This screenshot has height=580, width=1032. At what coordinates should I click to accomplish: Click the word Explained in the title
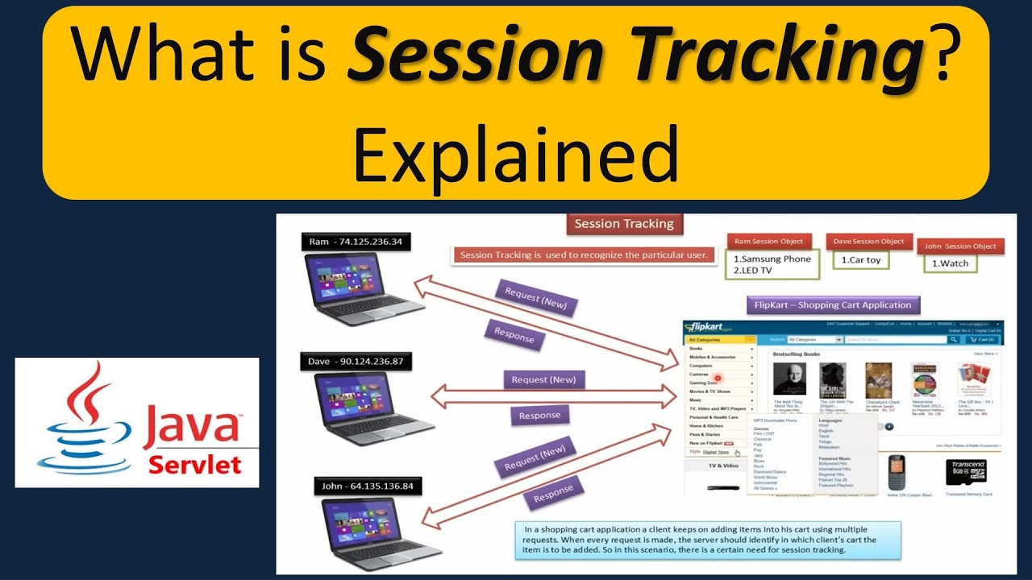coord(515,153)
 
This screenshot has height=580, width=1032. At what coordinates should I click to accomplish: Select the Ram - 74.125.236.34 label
coord(356,241)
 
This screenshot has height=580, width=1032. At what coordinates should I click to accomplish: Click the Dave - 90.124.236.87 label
coord(356,362)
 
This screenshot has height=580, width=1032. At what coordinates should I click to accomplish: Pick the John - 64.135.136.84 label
coord(366,486)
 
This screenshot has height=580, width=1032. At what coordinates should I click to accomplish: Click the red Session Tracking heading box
coord(623,224)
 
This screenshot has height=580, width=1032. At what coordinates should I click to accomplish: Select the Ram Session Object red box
coord(768,242)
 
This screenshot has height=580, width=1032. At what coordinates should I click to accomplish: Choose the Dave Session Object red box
coord(868,242)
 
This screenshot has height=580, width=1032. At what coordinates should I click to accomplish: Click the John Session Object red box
coord(960,246)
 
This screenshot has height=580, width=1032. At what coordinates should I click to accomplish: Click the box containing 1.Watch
coord(951,263)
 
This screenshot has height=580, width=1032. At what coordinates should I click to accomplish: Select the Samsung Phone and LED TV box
coord(772,265)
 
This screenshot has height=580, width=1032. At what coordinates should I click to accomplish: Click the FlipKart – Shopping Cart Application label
coord(833,305)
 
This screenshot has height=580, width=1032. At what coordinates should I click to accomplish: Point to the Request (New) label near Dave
coord(543,379)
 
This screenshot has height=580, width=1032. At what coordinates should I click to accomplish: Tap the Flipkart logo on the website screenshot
coord(708,328)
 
